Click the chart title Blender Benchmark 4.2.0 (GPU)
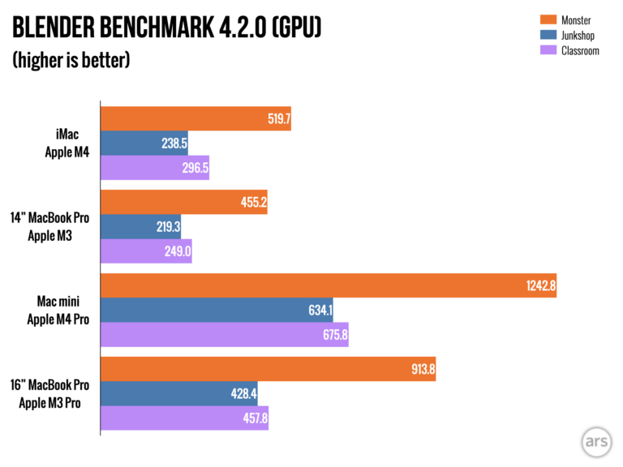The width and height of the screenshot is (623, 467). [x=166, y=30]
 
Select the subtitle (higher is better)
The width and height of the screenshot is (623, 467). [x=71, y=62]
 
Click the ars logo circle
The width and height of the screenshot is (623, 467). [x=596, y=442]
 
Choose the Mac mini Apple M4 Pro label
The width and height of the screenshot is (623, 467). [x=58, y=311]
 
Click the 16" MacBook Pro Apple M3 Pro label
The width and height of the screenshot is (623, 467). [x=53, y=394]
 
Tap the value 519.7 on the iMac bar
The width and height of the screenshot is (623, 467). [x=276, y=118]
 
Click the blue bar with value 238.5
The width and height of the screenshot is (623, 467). [x=144, y=143]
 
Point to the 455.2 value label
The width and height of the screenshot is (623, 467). [x=252, y=202]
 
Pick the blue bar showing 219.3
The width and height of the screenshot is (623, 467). [x=140, y=227]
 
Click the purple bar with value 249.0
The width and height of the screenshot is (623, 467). [x=146, y=251]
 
